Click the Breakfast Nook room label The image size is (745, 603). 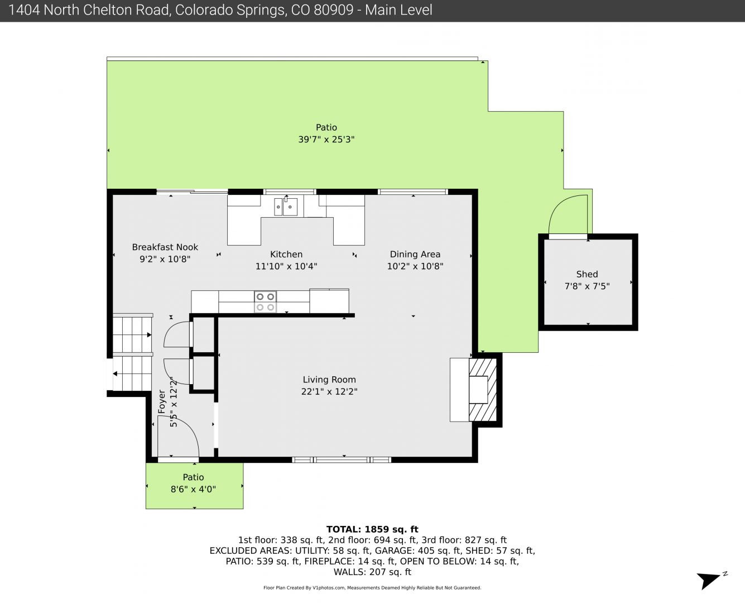tap(165, 247)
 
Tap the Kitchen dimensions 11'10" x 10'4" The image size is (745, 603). tap(286, 266)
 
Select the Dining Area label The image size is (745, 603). tap(415, 255)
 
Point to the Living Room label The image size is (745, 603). tap(329, 380)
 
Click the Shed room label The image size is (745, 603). tap(587, 274)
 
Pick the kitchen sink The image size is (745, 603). tap(286, 207)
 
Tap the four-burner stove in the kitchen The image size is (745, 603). tap(265, 301)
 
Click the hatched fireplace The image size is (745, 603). tap(483, 390)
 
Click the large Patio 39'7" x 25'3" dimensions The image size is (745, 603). tap(326, 140)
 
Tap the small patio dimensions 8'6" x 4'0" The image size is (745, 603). tap(193, 489)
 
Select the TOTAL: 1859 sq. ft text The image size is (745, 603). tap(372, 529)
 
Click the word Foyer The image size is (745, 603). tap(161, 402)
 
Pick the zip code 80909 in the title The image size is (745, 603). tap(333, 10)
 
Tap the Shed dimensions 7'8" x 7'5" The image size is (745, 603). tap(587, 286)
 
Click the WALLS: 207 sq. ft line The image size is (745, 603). tap(372, 572)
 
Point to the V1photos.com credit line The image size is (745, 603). tap(372, 588)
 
